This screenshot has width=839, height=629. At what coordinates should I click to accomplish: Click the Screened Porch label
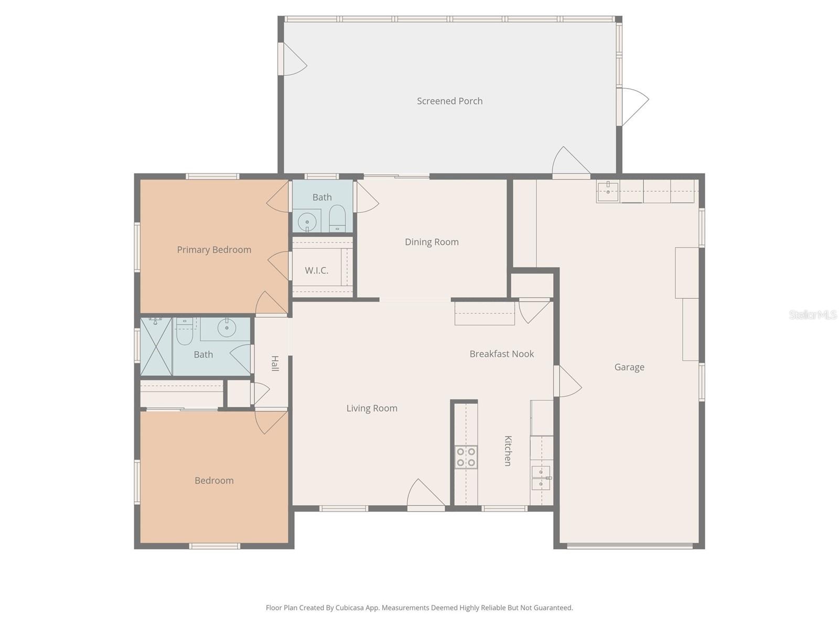coord(449,101)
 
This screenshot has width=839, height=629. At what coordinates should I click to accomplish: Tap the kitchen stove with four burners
coord(466,457)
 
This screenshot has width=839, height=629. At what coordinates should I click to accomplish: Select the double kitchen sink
coord(541,478)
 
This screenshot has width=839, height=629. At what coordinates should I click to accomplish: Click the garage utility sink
coord(608,192)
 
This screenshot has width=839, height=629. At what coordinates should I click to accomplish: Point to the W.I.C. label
coord(316,270)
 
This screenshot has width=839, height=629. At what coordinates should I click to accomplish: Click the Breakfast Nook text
coord(501,354)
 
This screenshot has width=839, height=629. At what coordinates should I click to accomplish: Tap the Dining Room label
coord(432,242)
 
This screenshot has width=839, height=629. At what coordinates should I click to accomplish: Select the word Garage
coord(629,367)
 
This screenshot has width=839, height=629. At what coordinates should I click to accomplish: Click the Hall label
coord(275,363)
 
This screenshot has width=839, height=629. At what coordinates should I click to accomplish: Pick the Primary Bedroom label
coord(214,250)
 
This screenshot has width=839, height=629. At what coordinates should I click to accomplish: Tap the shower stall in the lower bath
coord(156,346)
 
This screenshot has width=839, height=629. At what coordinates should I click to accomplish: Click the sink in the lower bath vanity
coord(227,329)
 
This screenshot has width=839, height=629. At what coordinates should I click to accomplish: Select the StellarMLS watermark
coord(812,315)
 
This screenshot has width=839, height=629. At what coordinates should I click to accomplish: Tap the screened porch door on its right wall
coord(631,106)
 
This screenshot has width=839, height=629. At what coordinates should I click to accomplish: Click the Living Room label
coord(371,408)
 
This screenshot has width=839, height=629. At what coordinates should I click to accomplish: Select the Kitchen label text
coord(508,451)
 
